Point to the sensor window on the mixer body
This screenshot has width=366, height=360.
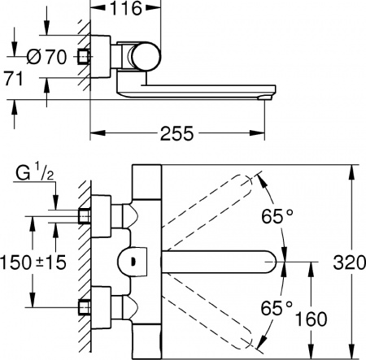coord(132,262)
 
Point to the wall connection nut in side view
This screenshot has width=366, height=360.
coord(82,57)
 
